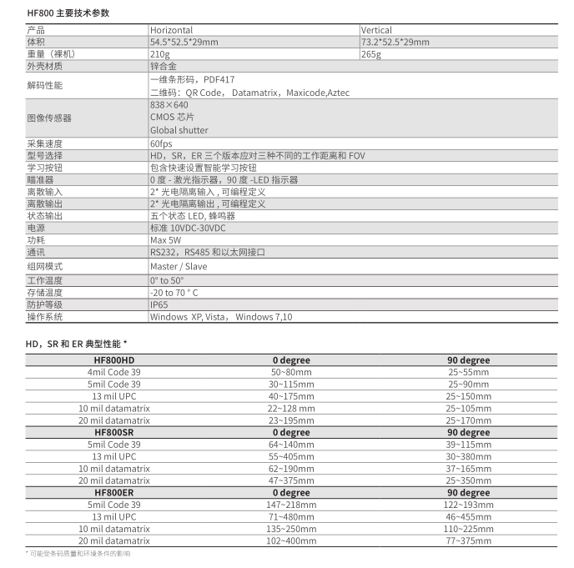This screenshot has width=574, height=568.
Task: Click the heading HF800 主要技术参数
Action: pos(68,13)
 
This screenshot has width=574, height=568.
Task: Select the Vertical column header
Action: pos(376,31)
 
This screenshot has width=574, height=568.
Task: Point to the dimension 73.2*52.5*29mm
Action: pos(395,42)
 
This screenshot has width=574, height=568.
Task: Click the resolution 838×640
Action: pos(169,105)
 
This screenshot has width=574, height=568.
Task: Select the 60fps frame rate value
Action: pos(161,143)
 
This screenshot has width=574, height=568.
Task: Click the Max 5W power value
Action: pos(165,239)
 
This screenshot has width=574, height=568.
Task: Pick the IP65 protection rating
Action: pos(159,304)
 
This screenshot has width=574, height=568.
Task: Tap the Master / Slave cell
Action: pos(179,266)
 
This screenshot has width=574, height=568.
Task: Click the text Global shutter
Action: pos(179,130)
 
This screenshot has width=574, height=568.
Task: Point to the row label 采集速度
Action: pos(45,143)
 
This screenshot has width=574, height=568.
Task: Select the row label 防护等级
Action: pos(45,304)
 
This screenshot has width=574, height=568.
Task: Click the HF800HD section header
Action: pos(114,360)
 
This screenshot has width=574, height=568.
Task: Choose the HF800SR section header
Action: pos(114,433)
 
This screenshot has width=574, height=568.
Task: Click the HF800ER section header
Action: pos(114,493)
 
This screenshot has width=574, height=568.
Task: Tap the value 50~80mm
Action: pos(290,372)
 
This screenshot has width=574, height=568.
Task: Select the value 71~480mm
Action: pos(290,517)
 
